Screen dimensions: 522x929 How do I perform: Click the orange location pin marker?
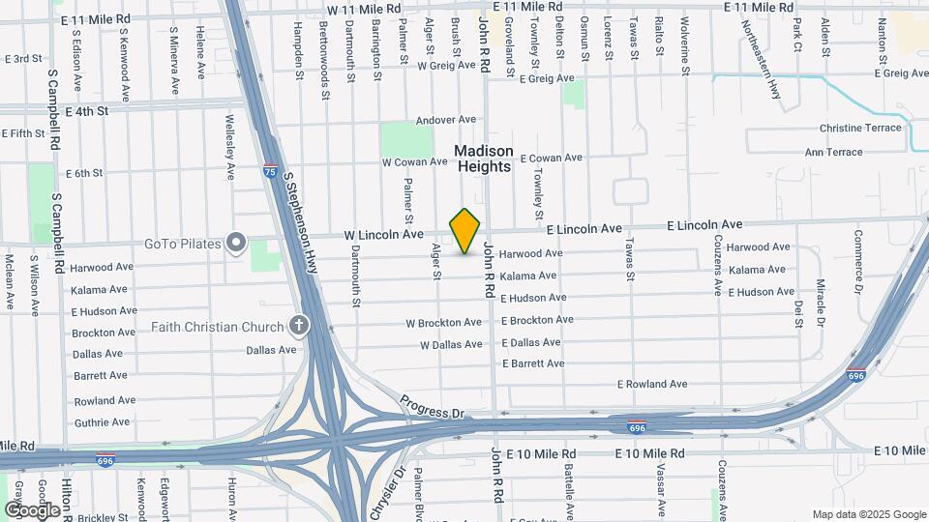(465, 231)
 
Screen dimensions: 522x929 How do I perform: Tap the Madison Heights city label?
(484, 159)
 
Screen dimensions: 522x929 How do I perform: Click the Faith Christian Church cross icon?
(300, 326)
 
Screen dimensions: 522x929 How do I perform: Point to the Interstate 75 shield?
(270, 171)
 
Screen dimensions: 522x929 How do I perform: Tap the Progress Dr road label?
(432, 406)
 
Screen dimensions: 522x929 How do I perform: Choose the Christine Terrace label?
(859, 128)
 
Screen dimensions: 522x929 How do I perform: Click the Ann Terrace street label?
(833, 152)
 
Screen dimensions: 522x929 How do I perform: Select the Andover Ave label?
(446, 120)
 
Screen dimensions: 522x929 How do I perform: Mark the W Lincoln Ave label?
(384, 234)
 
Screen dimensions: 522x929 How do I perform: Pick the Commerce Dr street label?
(856, 261)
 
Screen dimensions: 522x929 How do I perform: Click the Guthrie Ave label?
(101, 421)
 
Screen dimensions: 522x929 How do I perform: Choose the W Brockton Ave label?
(443, 322)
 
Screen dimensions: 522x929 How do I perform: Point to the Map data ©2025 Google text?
(868, 514)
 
